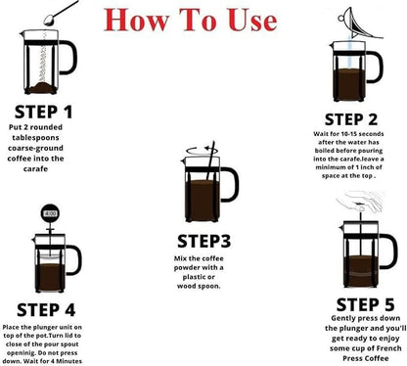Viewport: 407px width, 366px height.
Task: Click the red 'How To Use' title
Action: pos(191,20)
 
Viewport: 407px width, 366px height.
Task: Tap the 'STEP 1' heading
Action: pos(43,112)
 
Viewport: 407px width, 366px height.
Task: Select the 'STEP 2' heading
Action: pos(351,119)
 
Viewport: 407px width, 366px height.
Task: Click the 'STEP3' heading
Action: pos(203,242)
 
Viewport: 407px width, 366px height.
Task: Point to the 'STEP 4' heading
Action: pos(46,310)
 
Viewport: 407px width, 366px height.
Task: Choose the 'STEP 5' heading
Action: pos(365,305)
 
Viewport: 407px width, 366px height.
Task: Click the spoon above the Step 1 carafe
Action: pos(61,14)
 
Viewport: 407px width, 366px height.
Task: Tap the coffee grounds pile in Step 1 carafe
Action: pos(41,88)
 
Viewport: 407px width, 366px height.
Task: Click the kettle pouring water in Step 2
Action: pos(359,23)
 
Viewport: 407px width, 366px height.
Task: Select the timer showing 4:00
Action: pos(50,213)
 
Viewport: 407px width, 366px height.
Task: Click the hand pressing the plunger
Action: pos(360,202)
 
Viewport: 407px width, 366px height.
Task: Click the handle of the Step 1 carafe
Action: pos(68,58)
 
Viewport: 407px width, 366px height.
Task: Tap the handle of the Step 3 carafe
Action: pos(231,184)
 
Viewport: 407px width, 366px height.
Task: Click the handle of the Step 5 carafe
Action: pos(389,252)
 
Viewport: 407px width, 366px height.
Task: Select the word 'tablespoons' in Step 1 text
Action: pos(35,138)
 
